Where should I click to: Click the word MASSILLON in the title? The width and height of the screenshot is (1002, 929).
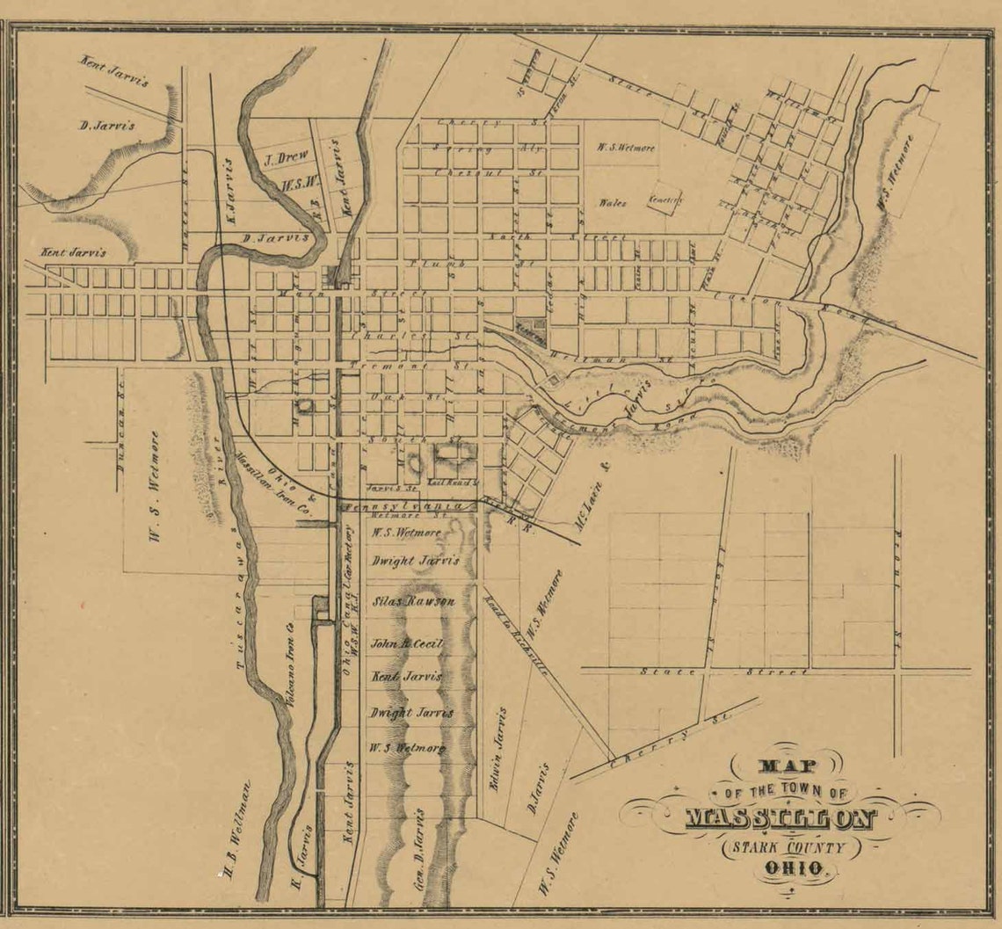pos(781,819)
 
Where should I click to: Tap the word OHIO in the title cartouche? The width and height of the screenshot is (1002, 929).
pos(795,868)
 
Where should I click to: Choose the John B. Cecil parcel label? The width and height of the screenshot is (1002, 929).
pos(407,643)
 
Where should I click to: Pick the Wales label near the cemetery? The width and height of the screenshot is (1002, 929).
pos(613,203)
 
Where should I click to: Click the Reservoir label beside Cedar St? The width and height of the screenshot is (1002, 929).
pos(530,325)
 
